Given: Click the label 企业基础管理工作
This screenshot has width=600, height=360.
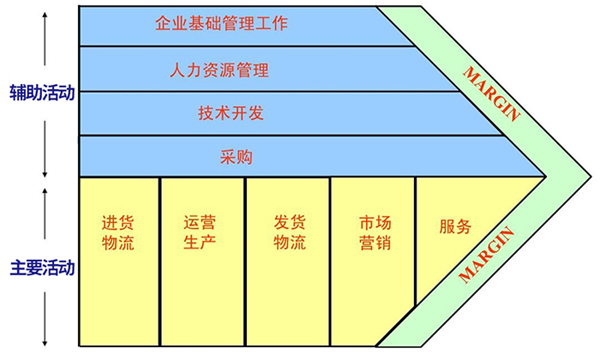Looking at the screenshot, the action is tap(221, 23).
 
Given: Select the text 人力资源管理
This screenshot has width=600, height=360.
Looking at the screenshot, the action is tap(220, 70).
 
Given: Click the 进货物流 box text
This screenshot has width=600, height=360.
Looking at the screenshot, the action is tap(118, 232).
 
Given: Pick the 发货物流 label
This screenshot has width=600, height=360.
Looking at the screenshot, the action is tap(289, 232).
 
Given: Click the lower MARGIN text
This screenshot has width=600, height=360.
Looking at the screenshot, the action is tap(486, 255).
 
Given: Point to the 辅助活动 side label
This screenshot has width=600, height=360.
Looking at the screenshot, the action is tap(39, 92).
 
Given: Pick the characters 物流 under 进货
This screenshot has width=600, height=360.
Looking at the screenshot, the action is tap(118, 243).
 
